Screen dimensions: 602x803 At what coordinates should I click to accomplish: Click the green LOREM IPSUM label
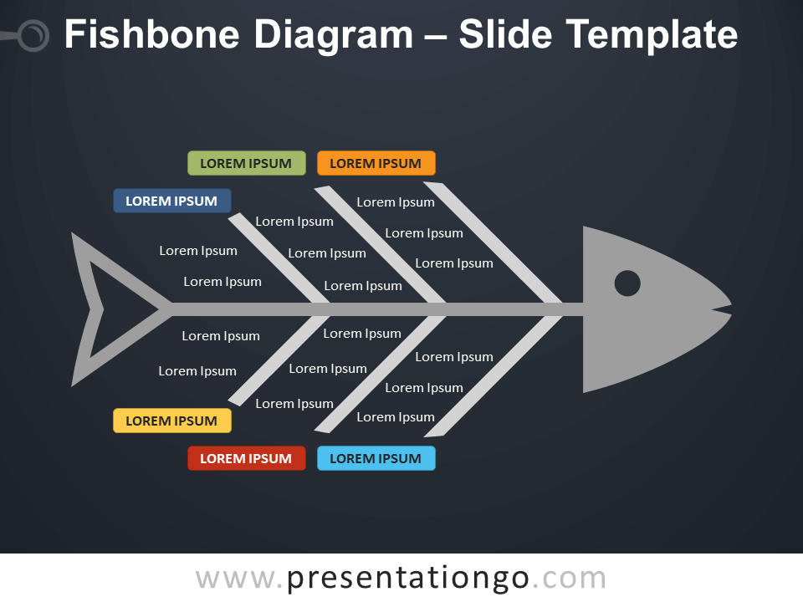(x=246, y=163)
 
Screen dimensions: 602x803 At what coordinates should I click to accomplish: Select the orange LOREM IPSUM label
(x=376, y=163)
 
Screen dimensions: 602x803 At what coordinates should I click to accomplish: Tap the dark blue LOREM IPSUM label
(x=171, y=201)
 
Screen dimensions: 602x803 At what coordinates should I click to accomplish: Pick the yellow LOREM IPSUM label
(x=171, y=421)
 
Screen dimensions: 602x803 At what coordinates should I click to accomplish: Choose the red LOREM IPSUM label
(x=246, y=458)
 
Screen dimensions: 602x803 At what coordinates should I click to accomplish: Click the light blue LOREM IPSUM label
(x=376, y=458)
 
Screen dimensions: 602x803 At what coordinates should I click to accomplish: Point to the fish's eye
(x=627, y=283)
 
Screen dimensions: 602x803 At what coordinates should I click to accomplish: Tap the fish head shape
(x=644, y=334)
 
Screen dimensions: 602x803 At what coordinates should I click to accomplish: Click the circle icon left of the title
(x=33, y=36)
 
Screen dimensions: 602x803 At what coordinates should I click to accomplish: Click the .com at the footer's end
(x=568, y=578)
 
